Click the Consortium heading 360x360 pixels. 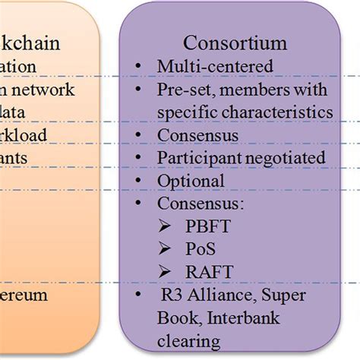pos(234,44)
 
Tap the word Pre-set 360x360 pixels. pos(182,90)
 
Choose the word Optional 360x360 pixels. pos(191,182)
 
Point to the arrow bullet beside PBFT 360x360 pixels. pos(166,227)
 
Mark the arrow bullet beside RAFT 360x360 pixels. pos(166,272)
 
